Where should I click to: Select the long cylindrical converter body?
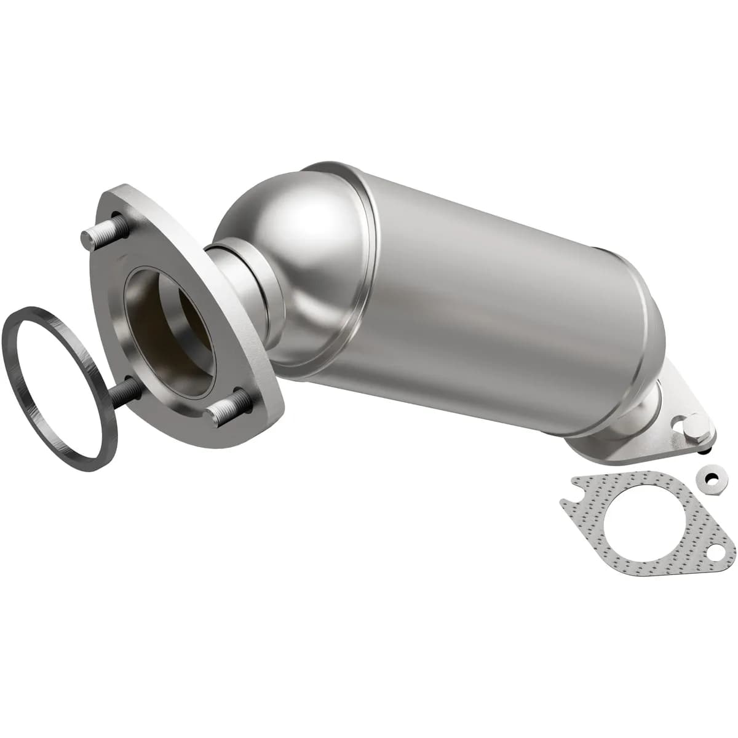(492, 289)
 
